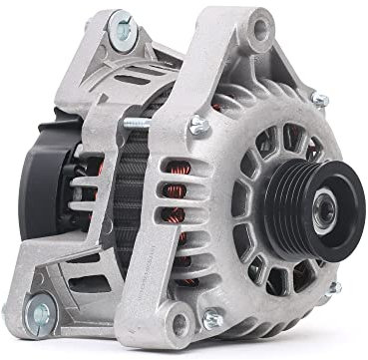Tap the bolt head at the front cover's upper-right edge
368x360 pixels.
point(321,102)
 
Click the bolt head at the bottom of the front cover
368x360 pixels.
point(211,320)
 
